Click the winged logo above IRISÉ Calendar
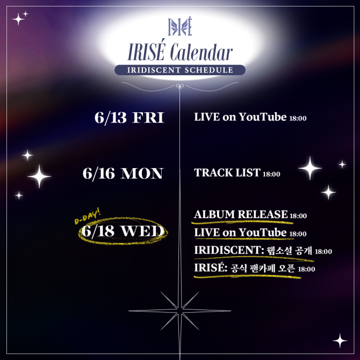point(180,26)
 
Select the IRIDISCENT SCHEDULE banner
point(180,70)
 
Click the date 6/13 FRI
point(129,118)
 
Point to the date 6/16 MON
point(123,174)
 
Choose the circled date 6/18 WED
point(123,231)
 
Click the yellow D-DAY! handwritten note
point(88,217)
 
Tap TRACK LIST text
point(227,172)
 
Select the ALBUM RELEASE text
point(241,214)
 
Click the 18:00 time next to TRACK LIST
point(271,174)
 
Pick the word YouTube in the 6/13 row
point(263,117)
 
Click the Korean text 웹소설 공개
point(289,250)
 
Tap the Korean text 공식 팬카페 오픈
point(263,268)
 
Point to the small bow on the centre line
point(180,87)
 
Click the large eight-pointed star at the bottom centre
point(180,311)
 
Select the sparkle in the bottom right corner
point(340,341)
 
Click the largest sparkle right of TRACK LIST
point(310,168)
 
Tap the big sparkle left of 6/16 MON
point(39,176)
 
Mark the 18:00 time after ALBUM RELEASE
point(298,216)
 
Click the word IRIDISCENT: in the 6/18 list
point(229,250)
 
